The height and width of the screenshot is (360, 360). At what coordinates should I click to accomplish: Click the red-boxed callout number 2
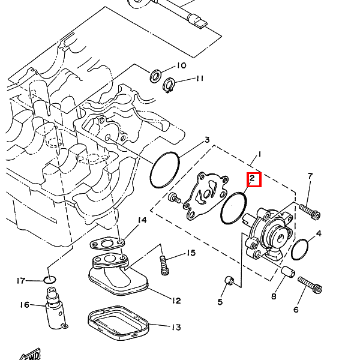pyautogui.click(x=253, y=178)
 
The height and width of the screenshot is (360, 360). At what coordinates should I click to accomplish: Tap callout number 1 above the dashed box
pyautogui.click(x=259, y=155)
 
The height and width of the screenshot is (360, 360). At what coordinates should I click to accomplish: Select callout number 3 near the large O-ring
pyautogui.click(x=206, y=140)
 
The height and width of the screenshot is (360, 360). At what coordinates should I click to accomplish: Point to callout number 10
pyautogui.click(x=181, y=65)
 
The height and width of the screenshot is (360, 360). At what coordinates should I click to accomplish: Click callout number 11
pyautogui.click(x=200, y=79)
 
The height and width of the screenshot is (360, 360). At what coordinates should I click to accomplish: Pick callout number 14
pyautogui.click(x=142, y=221)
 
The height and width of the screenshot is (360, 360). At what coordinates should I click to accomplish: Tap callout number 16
pyautogui.click(x=25, y=305)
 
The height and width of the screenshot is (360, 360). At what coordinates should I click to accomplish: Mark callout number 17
pyautogui.click(x=22, y=280)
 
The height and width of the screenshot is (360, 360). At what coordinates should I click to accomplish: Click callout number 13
pyautogui.click(x=175, y=328)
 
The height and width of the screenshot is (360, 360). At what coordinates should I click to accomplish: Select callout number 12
pyautogui.click(x=175, y=300)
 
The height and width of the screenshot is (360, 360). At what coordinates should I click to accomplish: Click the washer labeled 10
pyautogui.click(x=155, y=76)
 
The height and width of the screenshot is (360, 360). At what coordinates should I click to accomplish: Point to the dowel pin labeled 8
pyautogui.click(x=287, y=274)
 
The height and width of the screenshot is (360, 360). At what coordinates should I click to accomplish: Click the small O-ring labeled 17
pyautogui.click(x=50, y=280)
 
